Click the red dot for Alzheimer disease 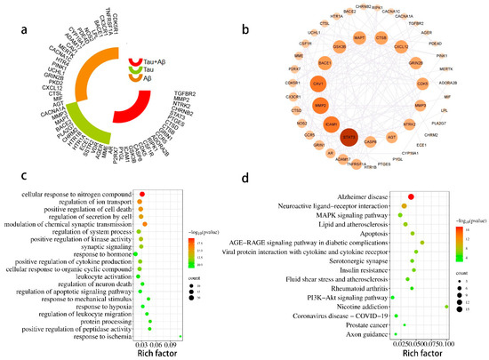(x=411, y=197)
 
